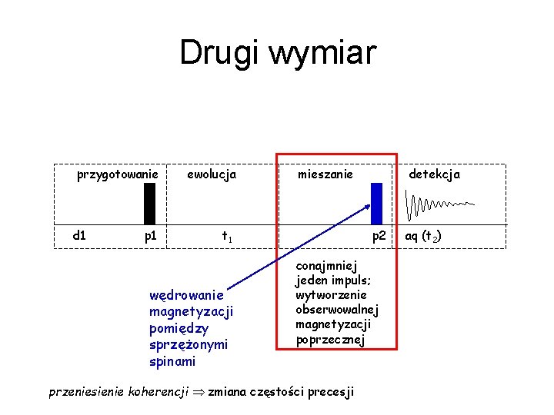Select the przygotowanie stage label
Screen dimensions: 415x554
pyautogui.click(x=117, y=175)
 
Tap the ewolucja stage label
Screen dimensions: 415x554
pyautogui.click(x=212, y=174)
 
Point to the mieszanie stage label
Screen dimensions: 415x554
pyautogui.click(x=325, y=174)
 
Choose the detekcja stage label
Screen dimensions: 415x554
pyautogui.click(x=434, y=174)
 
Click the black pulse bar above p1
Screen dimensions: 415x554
pyautogui.click(x=150, y=202)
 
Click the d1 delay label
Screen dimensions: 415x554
pyautogui.click(x=79, y=235)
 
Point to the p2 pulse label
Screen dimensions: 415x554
pyautogui.click(x=379, y=236)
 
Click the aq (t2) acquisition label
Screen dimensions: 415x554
pyautogui.click(x=423, y=236)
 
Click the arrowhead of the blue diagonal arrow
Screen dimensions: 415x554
pyautogui.click(x=366, y=205)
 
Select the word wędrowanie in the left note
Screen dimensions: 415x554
pyautogui.click(x=187, y=294)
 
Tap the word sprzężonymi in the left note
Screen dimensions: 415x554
pyautogui.click(x=189, y=344)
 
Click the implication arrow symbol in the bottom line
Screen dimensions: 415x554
pyautogui.click(x=198, y=392)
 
